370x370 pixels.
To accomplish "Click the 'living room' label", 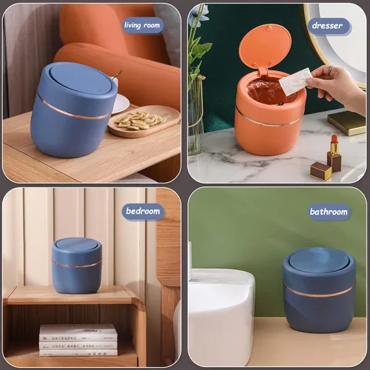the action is click(142, 25).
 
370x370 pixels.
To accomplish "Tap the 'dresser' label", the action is click(328, 26).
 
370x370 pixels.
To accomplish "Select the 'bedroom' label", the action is click(143, 211).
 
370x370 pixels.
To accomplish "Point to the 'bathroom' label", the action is click(329, 212).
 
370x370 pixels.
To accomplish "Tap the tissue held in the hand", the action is click(295, 81).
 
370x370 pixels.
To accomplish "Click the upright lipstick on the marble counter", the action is click(334, 153).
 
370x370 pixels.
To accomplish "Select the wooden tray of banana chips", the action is click(144, 121).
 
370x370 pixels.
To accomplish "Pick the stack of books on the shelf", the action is click(78, 340).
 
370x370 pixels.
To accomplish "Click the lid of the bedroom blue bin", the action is click(77, 246).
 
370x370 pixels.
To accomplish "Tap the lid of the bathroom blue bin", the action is click(320, 260).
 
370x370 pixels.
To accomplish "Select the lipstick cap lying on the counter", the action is click(320, 171).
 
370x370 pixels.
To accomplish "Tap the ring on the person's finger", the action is click(331, 67).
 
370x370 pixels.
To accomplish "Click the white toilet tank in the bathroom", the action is click(221, 316).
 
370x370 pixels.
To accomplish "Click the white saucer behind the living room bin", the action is click(120, 104).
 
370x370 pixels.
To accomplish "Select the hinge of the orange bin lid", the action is click(263, 71).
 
